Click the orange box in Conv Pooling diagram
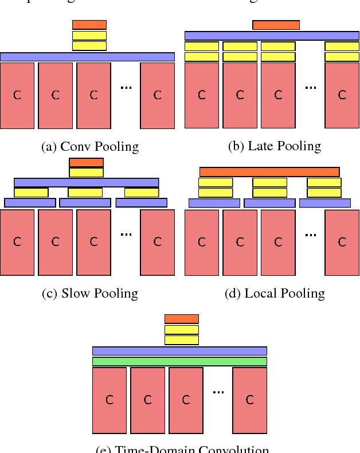[89, 25]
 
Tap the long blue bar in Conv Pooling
[87, 57]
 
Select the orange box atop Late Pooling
[276, 25]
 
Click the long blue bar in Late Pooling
[272, 36]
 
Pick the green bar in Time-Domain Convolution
[179, 361]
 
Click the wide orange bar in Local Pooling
[269, 172]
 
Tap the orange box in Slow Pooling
[86, 162]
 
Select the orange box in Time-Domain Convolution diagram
[181, 319]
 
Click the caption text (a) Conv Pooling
[90, 147]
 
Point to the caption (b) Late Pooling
[275, 146]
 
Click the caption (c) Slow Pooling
[90, 294]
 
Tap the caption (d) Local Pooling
[275, 294]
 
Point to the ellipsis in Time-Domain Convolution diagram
[218, 392]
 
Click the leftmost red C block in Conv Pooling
[17, 95]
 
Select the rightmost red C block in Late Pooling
[342, 95]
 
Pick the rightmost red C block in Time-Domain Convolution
[249, 400]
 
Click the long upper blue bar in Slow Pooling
[86, 182]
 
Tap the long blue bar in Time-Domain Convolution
[179, 351]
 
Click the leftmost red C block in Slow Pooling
[17, 242]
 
